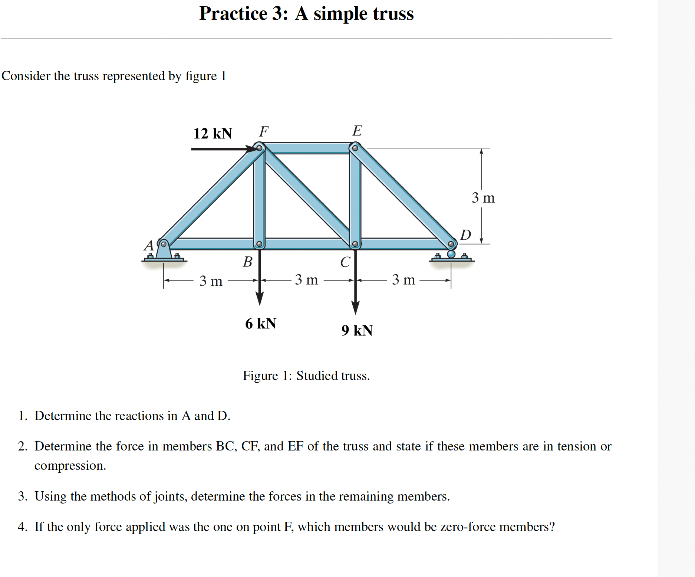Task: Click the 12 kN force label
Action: (213, 134)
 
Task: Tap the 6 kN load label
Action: (260, 324)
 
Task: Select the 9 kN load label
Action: (357, 330)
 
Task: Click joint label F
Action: (264, 131)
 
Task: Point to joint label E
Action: (357, 131)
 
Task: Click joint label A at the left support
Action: (149, 245)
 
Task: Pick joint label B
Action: (247, 262)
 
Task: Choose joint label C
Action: (345, 262)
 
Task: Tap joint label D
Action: (465, 235)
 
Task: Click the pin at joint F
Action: (260, 148)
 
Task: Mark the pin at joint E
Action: (355, 148)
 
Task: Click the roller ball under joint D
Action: (451, 254)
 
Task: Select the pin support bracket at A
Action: (164, 251)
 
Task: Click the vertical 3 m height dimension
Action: (483, 198)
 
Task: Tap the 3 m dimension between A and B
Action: (211, 281)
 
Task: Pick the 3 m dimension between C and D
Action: (404, 280)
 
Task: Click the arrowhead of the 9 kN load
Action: (355, 308)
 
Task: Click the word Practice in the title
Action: (233, 14)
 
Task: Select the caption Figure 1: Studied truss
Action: (306, 376)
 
